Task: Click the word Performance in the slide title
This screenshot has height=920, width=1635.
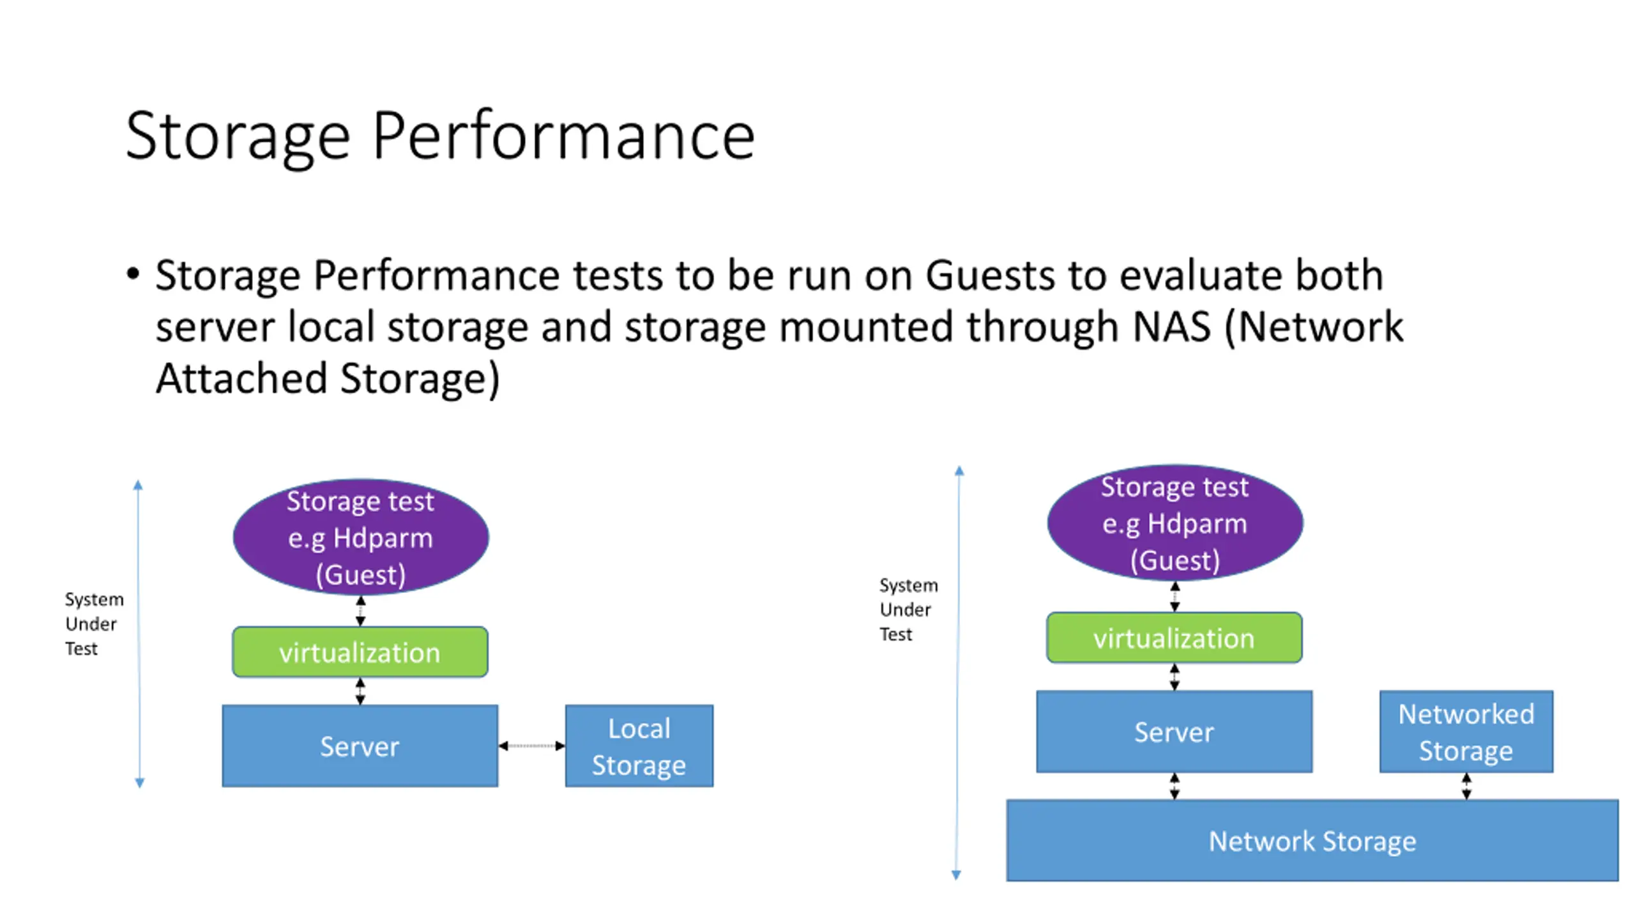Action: pyautogui.click(x=563, y=135)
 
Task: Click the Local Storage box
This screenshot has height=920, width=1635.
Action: pyautogui.click(x=639, y=746)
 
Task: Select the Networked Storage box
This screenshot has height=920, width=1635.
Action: pyautogui.click(x=1466, y=732)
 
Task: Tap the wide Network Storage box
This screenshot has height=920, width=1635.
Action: pyautogui.click(x=1312, y=840)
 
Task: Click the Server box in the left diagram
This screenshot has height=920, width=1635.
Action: pyautogui.click(x=360, y=746)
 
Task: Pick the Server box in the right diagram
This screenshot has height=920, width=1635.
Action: pyautogui.click(x=1174, y=732)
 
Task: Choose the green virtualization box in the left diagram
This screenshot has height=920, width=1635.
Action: pyautogui.click(x=360, y=652)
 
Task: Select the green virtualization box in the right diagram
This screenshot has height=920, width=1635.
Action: pyautogui.click(x=1174, y=638)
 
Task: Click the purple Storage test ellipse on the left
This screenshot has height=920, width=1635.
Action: pyautogui.click(x=361, y=537)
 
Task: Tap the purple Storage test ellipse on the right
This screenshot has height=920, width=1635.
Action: pyautogui.click(x=1175, y=523)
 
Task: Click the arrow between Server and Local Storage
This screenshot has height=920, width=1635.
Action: pyautogui.click(x=531, y=746)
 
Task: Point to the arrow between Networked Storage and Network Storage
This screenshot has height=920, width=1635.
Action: pyautogui.click(x=1466, y=786)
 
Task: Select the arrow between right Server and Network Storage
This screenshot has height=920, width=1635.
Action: pyautogui.click(x=1175, y=786)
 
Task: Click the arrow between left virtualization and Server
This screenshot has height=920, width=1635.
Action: pyautogui.click(x=360, y=691)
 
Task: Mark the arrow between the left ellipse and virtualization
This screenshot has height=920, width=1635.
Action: pyautogui.click(x=361, y=611)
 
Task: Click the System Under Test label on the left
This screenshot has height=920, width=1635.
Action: pyautogui.click(x=94, y=624)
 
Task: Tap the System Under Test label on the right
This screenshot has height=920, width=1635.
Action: pyautogui.click(x=908, y=609)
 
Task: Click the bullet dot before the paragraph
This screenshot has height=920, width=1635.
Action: pyautogui.click(x=133, y=275)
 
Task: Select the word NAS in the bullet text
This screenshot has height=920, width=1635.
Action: pyautogui.click(x=1171, y=326)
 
